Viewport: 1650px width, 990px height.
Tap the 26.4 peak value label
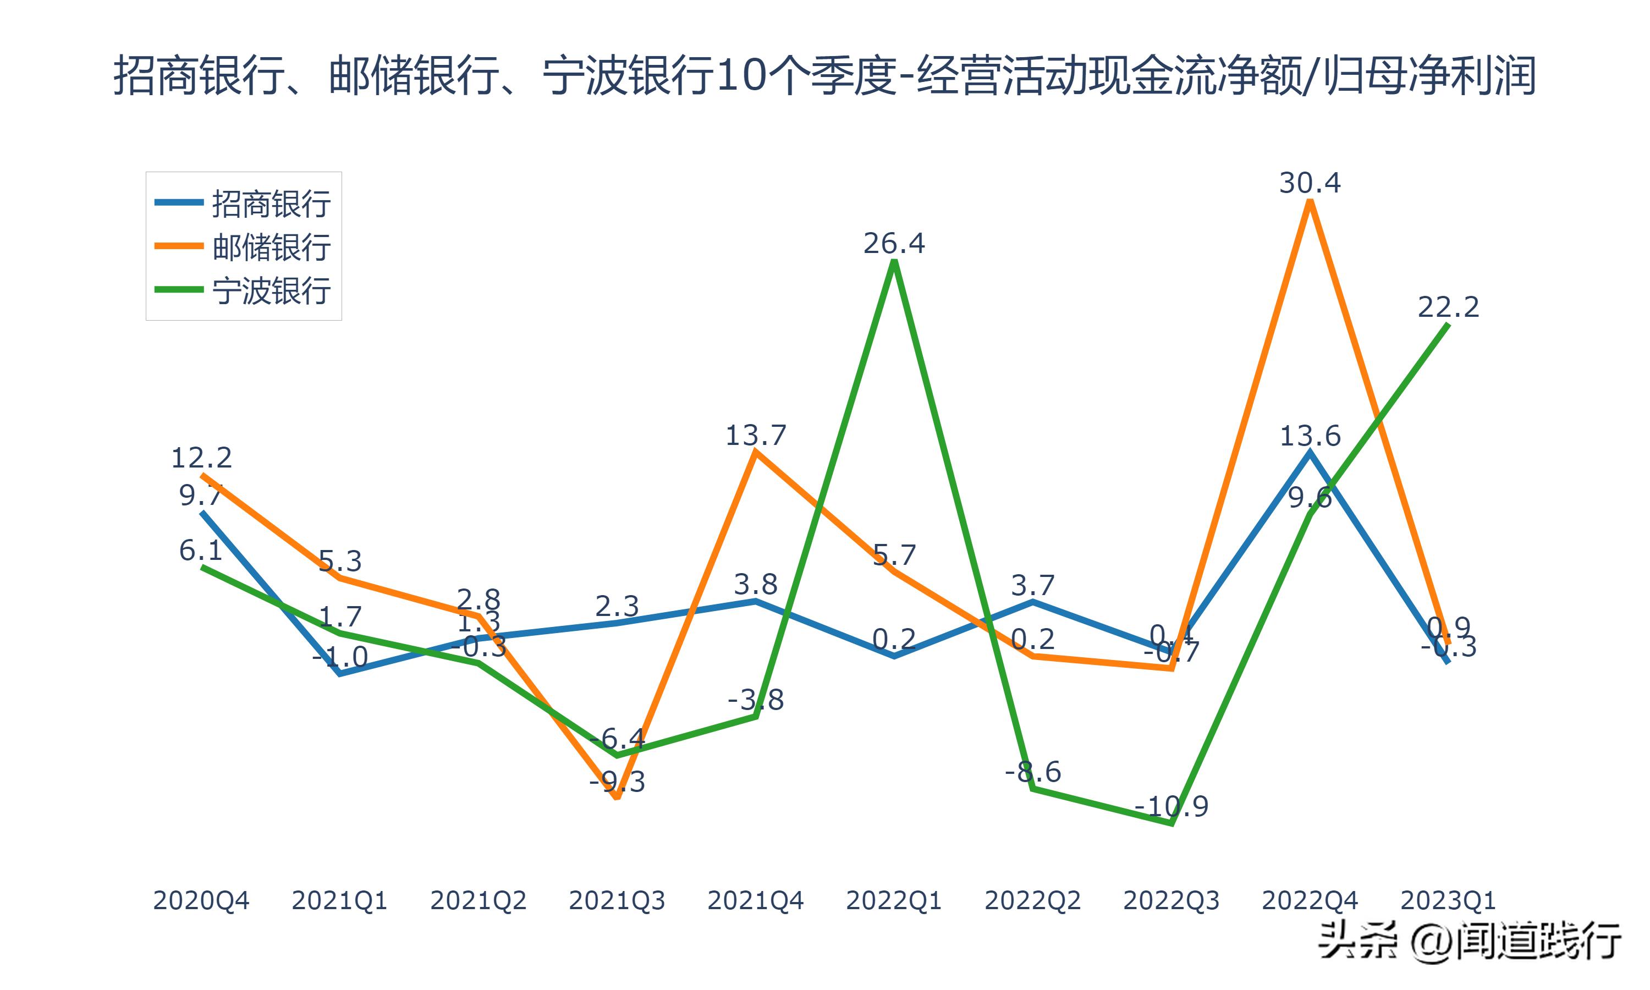click(894, 244)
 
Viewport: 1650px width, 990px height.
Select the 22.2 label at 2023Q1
click(1448, 307)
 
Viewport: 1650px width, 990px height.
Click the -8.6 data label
click(1032, 772)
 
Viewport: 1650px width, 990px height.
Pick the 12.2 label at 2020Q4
click(201, 458)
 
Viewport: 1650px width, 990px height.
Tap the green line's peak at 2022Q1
click(894, 261)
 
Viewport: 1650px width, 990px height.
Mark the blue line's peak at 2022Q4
click(1310, 452)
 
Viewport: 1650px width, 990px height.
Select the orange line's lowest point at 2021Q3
click(617, 796)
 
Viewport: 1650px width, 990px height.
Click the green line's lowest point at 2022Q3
click(1172, 824)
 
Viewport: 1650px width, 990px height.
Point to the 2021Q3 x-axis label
click(617, 900)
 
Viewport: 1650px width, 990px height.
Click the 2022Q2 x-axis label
click(1032, 900)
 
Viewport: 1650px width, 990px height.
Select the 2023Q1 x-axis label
click(1448, 900)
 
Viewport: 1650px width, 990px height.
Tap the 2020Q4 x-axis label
click(201, 900)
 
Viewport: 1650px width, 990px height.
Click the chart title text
click(824, 75)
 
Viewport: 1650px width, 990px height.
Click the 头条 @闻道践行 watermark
click(1469, 941)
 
